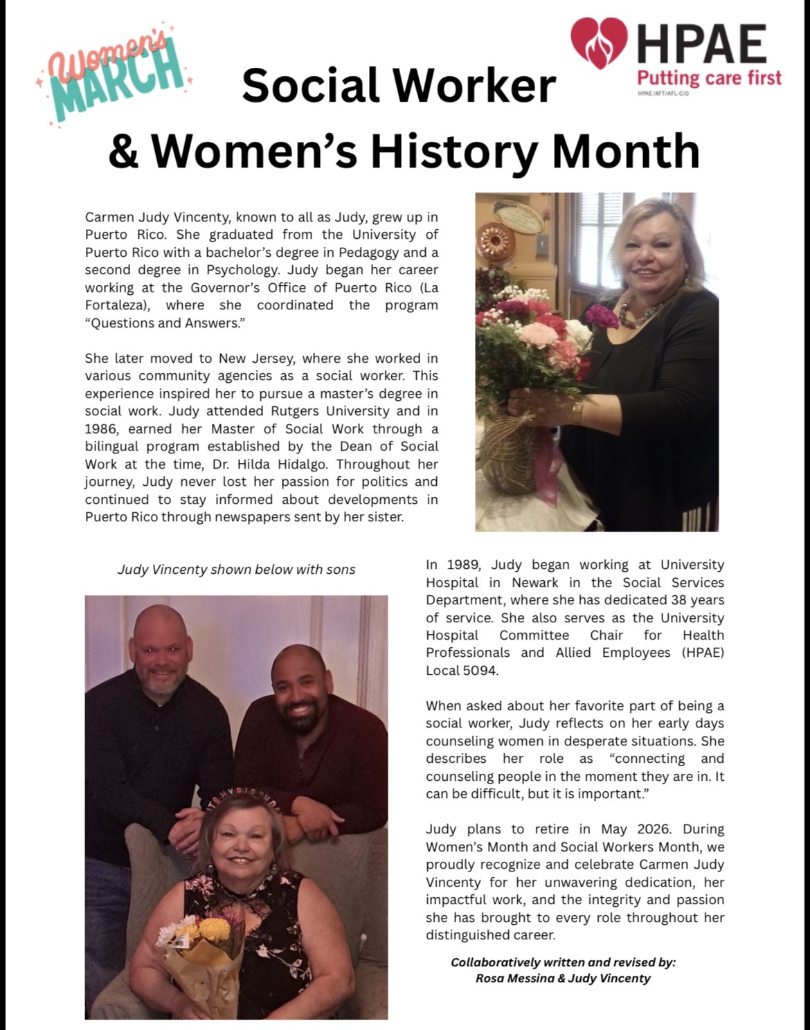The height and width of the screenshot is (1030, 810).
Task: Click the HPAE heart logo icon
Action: (599, 43)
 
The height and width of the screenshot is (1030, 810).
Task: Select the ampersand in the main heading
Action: (124, 150)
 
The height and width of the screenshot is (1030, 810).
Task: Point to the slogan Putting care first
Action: (709, 77)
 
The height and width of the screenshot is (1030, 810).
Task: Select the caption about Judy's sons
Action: (235, 570)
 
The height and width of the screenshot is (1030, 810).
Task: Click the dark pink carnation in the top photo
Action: (601, 316)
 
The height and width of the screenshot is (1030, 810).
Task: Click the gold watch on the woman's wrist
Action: (577, 413)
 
